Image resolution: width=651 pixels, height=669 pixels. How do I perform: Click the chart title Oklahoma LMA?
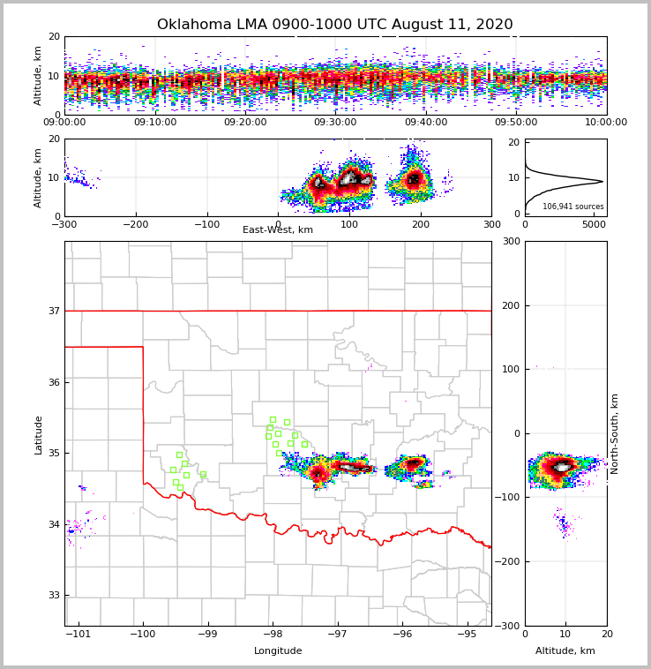[x=334, y=25]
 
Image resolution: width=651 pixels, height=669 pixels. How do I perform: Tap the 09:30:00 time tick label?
[x=335, y=123]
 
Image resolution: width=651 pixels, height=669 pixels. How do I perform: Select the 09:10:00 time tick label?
[x=154, y=123]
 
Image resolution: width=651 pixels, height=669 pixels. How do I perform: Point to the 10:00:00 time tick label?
[x=606, y=123]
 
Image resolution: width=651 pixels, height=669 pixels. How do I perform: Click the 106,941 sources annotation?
[x=572, y=207]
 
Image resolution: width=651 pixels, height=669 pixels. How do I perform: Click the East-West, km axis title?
[x=278, y=230]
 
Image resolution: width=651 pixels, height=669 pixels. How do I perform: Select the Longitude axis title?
[x=278, y=651]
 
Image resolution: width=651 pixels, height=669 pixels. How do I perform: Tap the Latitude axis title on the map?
[x=39, y=434]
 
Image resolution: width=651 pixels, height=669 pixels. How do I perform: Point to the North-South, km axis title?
[x=615, y=434]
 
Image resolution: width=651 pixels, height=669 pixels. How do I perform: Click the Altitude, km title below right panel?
[x=565, y=651]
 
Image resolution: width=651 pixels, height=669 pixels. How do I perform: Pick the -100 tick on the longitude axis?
[x=143, y=635]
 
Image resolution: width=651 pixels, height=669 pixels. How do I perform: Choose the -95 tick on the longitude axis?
[x=467, y=635]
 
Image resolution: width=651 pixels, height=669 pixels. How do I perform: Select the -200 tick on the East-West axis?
[x=135, y=225]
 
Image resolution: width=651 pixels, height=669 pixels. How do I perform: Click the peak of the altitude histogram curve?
[x=602, y=182]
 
